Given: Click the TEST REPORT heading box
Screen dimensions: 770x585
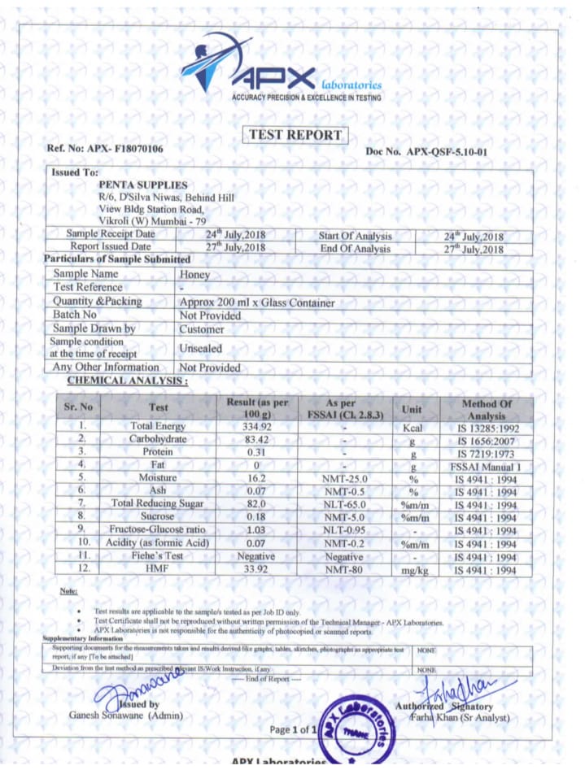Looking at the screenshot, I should click(x=295, y=135).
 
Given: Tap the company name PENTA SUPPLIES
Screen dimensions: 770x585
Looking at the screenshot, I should click(x=142, y=185).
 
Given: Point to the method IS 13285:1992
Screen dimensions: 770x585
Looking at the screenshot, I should click(x=485, y=428).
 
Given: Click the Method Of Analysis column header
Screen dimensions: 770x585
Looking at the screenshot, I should click(x=486, y=409).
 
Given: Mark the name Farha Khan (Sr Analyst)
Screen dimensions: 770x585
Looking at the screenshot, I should click(x=460, y=718).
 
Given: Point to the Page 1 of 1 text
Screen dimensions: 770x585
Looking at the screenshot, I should click(x=291, y=729).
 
